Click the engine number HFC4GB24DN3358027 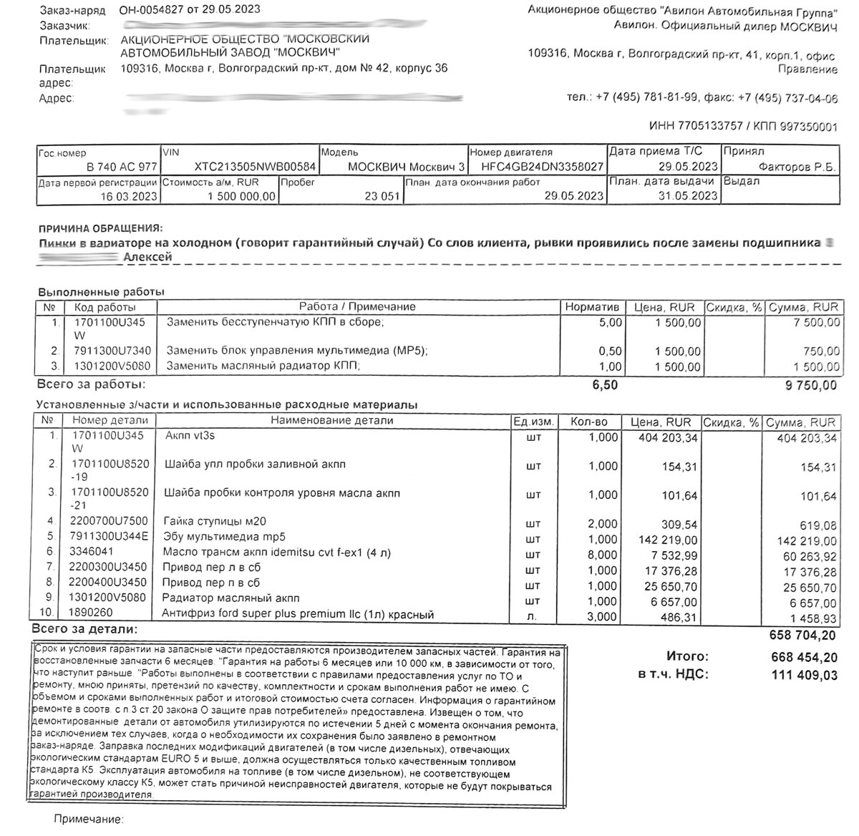click(543, 167)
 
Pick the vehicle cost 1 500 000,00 click(241, 196)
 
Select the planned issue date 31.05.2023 click(687, 196)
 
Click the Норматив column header click(592, 307)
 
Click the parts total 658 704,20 click(802, 636)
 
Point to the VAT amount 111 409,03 click(803, 674)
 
